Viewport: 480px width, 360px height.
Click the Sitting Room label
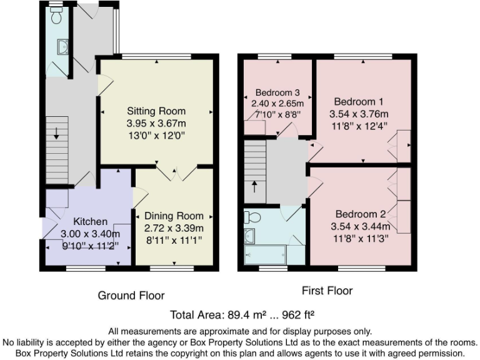point(156,111)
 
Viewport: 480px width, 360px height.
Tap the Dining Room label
point(174,216)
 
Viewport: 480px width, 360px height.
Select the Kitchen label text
point(90,222)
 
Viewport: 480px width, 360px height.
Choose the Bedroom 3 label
point(276,92)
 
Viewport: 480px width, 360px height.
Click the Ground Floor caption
point(131,296)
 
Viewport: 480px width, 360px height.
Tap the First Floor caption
point(327,291)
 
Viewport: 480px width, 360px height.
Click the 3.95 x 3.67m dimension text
point(156,123)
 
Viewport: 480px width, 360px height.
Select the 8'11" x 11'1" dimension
point(174,239)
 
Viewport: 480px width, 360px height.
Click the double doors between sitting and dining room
point(176,172)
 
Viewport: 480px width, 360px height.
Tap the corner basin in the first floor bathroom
point(249,236)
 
